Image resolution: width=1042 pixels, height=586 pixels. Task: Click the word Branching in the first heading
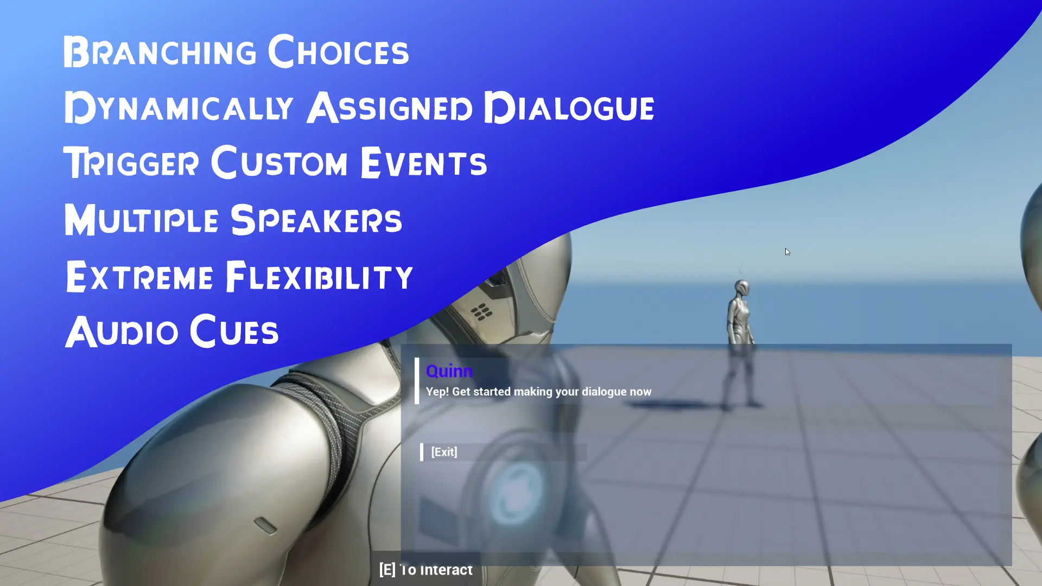160,52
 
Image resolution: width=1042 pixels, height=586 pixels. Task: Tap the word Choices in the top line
339,51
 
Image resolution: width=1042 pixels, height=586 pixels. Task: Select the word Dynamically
179,107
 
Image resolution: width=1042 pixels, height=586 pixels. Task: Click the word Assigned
390,107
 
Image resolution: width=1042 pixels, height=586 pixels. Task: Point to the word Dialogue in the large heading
569,107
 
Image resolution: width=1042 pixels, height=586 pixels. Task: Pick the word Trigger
131,162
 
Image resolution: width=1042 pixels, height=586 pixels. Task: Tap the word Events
423,162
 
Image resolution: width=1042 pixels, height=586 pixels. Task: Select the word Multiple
141,220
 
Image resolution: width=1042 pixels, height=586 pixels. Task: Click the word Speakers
316,219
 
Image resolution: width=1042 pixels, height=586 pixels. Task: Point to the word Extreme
139,276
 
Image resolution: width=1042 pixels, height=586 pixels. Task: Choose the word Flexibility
319,276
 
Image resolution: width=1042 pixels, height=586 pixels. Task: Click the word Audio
122,332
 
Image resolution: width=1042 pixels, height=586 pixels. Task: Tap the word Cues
234,330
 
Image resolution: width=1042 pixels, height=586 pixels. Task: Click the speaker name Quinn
449,372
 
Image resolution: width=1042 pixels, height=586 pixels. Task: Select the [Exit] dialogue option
444,452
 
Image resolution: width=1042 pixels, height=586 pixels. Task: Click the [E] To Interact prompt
426,570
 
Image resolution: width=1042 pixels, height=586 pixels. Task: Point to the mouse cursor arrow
787,252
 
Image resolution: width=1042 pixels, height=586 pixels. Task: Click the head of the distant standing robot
741,287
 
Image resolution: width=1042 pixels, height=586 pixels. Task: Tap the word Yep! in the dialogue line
437,392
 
